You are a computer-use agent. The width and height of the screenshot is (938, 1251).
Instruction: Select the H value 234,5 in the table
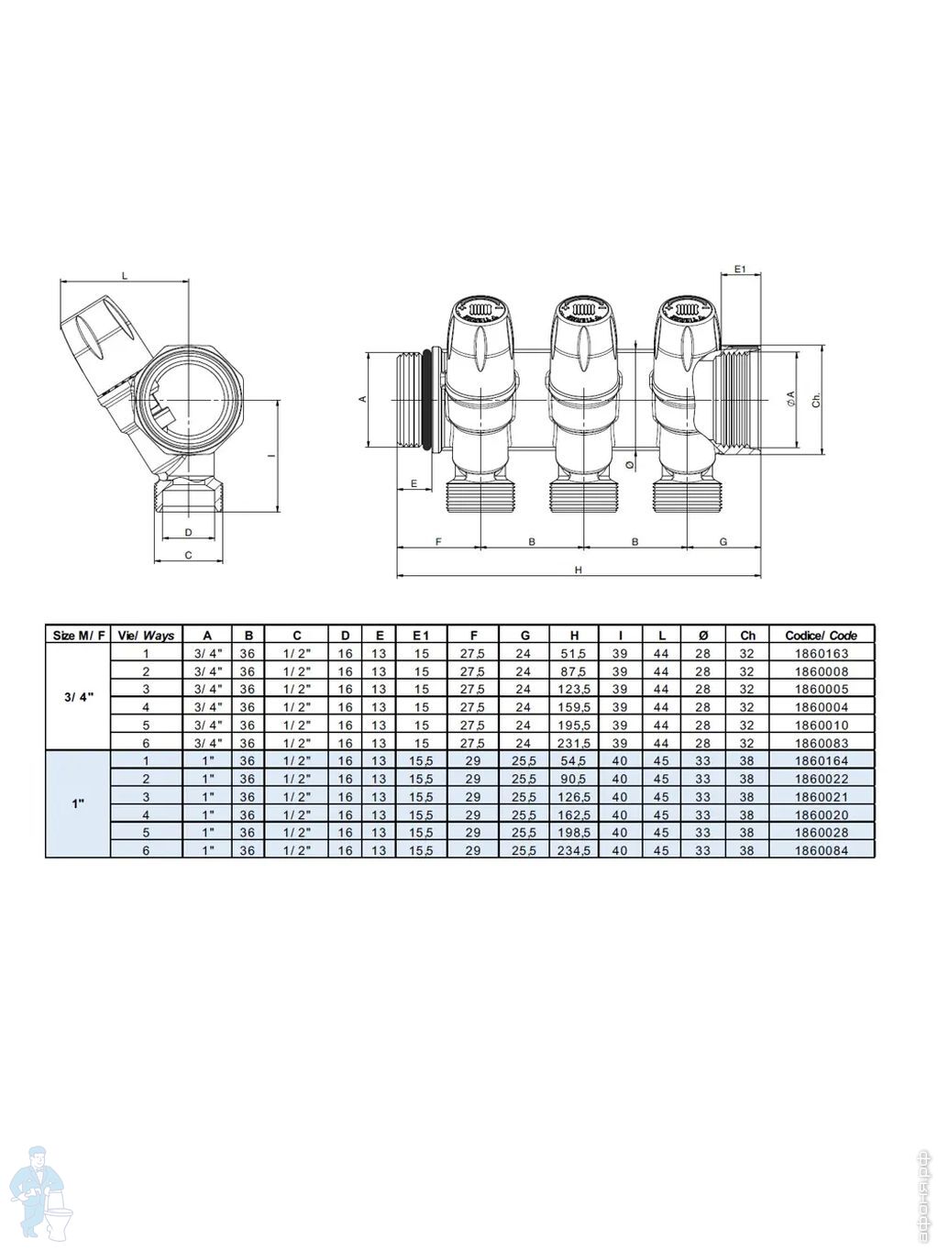574,851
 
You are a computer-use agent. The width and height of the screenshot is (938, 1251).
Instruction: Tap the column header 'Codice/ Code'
821,636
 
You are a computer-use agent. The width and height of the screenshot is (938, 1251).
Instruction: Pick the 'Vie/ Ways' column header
146,636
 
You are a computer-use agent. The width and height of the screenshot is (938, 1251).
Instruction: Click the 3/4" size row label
79,697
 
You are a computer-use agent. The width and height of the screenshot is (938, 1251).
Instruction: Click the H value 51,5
574,654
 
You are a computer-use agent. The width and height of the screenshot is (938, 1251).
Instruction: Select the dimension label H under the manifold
578,570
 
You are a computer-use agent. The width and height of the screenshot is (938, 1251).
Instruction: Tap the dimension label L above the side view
125,276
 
